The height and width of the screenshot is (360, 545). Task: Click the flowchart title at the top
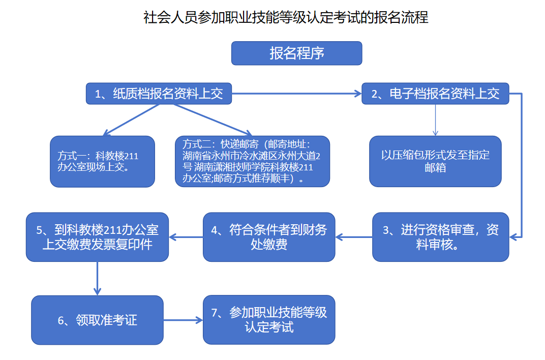(x=286, y=18)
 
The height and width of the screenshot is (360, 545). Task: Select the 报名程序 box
(x=296, y=53)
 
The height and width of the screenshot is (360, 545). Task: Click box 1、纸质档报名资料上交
(x=159, y=94)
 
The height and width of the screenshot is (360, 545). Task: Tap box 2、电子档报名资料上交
(x=435, y=94)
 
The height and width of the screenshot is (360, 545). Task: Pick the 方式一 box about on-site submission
(x=102, y=161)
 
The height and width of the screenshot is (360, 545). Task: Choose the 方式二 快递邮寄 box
(x=252, y=161)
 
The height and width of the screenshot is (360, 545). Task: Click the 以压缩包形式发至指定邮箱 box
(x=435, y=161)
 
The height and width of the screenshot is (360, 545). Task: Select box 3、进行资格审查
(x=440, y=237)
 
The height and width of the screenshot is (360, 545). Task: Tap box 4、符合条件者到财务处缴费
(x=269, y=237)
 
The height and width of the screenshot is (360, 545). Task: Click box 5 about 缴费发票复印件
(x=97, y=237)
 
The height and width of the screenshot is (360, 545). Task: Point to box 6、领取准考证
(x=97, y=320)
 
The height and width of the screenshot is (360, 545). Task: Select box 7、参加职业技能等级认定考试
(x=269, y=320)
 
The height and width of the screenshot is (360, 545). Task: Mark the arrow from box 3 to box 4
(x=354, y=237)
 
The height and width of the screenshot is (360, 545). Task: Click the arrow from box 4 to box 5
(x=186, y=237)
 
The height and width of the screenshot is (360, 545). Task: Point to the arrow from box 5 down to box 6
(x=97, y=279)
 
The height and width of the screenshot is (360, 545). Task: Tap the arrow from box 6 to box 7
(x=183, y=320)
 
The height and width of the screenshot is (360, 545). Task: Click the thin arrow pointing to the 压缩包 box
(x=435, y=120)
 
